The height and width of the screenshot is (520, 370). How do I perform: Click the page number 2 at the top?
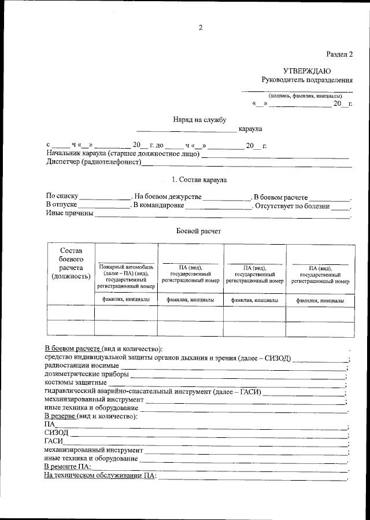(200, 27)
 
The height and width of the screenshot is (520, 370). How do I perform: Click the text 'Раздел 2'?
(339, 54)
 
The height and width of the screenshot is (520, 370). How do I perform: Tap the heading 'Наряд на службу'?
(199, 119)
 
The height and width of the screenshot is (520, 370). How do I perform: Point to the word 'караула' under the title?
(250, 128)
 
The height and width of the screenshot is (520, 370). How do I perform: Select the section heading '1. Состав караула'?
(199, 180)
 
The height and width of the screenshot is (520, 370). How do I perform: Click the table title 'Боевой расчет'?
(198, 231)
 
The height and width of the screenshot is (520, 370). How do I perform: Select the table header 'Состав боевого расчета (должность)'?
(71, 263)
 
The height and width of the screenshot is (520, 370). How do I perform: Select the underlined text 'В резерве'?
(61, 416)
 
